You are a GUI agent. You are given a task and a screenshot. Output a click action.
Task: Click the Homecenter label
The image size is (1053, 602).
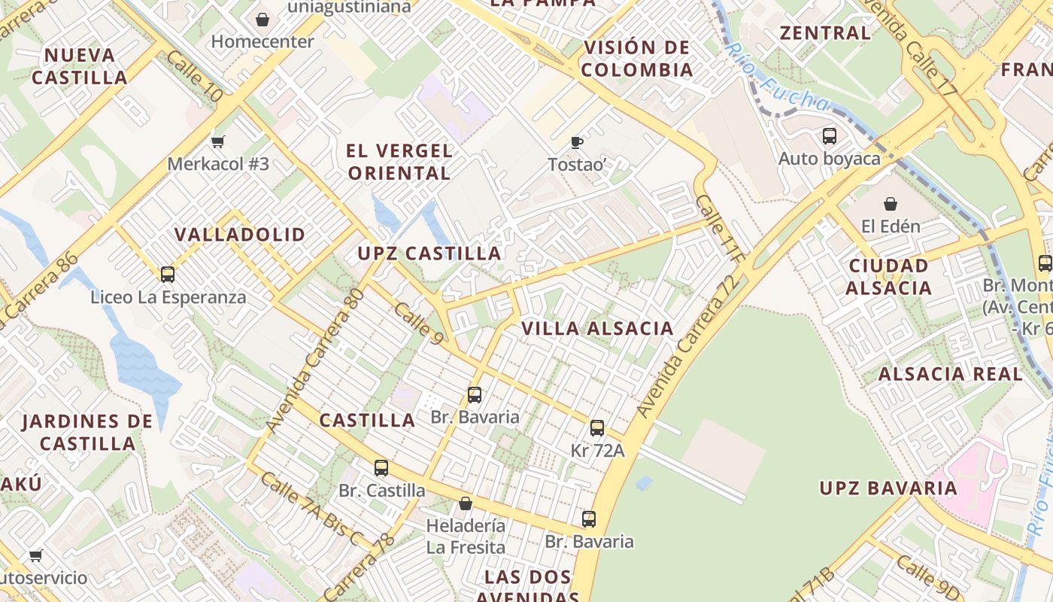pos(262,41)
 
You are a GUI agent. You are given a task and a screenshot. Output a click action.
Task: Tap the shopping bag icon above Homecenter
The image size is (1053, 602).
pos(262,19)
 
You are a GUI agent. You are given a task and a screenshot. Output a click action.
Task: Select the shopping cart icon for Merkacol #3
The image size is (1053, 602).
pos(218,141)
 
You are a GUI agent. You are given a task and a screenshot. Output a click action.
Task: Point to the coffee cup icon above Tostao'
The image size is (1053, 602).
pos(577,142)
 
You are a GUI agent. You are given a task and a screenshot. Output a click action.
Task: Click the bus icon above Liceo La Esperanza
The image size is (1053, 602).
pos(168,274)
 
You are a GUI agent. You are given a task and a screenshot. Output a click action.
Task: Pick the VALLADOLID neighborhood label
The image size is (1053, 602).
pos(240,234)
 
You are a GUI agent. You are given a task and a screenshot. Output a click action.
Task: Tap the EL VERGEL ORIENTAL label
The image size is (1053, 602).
pos(399,162)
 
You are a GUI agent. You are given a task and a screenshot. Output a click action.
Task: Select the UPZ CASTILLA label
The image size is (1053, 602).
pos(429,254)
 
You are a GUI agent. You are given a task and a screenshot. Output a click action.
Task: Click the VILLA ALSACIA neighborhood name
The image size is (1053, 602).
pos(597,328)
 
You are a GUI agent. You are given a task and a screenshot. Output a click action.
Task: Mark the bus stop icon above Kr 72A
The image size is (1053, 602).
pos(597,428)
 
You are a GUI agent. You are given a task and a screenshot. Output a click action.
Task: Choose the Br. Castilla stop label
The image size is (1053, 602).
pos(381,491)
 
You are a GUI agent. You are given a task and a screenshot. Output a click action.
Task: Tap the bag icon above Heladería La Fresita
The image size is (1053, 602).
pos(466,503)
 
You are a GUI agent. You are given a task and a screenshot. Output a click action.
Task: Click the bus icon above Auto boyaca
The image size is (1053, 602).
pos(830,136)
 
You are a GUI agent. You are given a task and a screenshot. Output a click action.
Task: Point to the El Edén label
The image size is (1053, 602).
pos(891,226)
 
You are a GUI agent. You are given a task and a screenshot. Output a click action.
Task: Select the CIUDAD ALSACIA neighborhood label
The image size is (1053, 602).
pos(888,276)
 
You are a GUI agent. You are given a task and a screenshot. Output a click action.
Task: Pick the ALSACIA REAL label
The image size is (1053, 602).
pos(951,374)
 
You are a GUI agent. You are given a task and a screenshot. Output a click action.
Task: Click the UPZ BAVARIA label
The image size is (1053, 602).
pos(888,488)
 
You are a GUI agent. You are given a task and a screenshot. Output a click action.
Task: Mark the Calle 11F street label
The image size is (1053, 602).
pos(719,229)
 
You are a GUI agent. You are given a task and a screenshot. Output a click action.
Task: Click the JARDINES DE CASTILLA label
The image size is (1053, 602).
pos(87,432)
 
